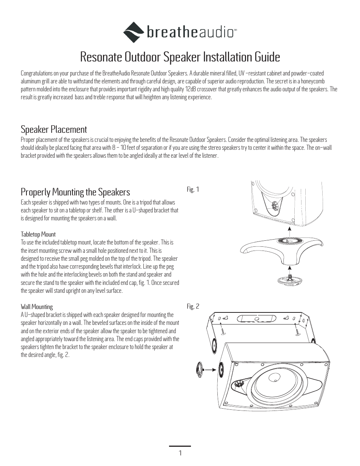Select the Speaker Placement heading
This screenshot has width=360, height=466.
54,129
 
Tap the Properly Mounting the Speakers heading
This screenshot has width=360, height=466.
75,192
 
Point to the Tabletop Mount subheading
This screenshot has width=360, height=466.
38,234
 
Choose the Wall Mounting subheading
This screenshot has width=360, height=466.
37,307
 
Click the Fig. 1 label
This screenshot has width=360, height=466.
193,189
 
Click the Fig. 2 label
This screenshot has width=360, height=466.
193,307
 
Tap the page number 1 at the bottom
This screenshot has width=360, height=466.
180,453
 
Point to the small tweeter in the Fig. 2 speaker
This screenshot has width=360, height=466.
239,384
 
